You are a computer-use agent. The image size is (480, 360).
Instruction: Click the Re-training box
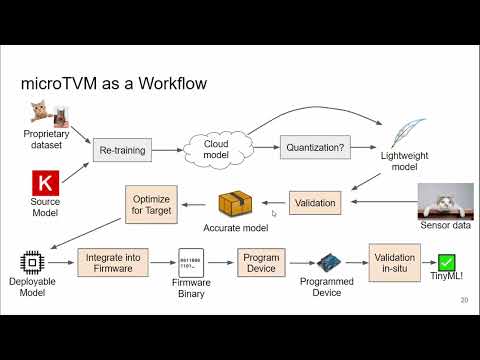click(123, 151)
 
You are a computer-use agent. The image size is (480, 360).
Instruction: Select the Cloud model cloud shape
click(216, 150)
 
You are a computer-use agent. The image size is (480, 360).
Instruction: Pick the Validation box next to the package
click(315, 204)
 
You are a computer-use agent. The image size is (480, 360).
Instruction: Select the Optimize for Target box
click(151, 205)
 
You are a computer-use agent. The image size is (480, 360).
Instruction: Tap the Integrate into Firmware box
click(112, 263)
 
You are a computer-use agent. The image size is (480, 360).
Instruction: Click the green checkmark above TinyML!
click(445, 262)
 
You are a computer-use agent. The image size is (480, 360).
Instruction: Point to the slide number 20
click(464, 300)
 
